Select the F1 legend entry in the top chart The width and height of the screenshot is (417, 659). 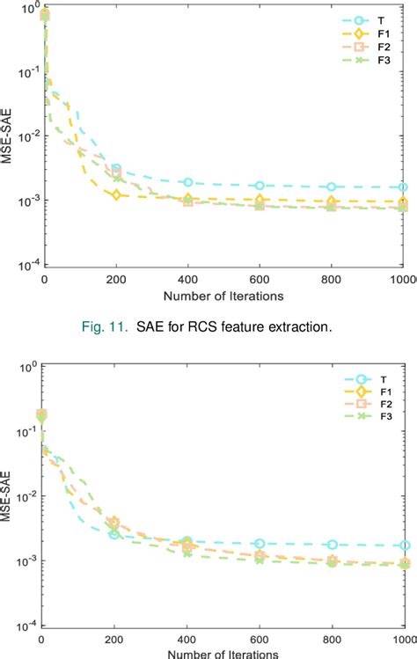point(363,34)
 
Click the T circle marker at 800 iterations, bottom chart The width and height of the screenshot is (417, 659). point(333,545)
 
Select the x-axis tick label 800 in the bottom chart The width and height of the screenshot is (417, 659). point(333,639)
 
